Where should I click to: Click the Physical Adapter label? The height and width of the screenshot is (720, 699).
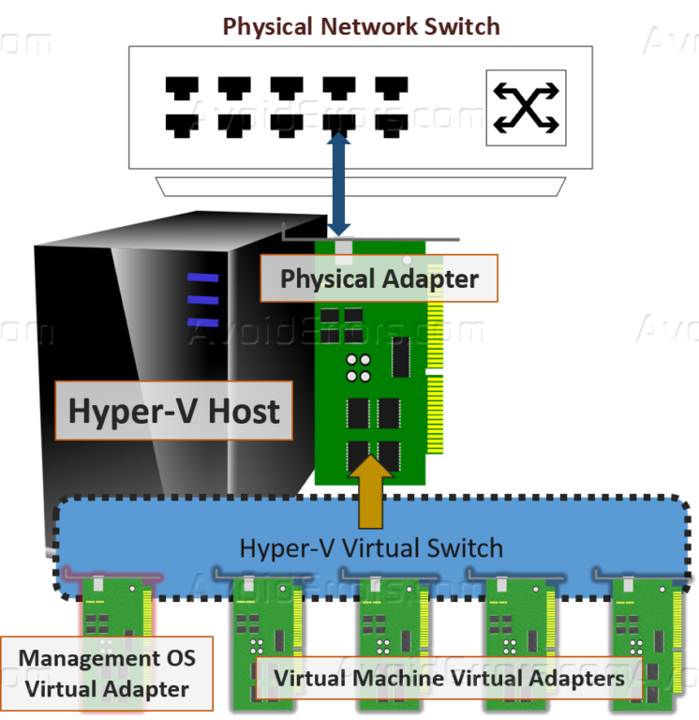[x=379, y=278]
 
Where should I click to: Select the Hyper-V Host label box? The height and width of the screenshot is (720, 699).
[x=173, y=411]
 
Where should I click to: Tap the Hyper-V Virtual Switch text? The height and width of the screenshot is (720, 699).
[x=371, y=547]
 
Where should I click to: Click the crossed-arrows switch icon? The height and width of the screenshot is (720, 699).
[x=526, y=108]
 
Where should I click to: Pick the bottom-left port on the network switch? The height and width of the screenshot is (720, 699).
[x=181, y=124]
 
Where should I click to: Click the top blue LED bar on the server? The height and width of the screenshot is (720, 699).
[x=202, y=277]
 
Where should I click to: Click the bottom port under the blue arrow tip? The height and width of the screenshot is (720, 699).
[x=338, y=124]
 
